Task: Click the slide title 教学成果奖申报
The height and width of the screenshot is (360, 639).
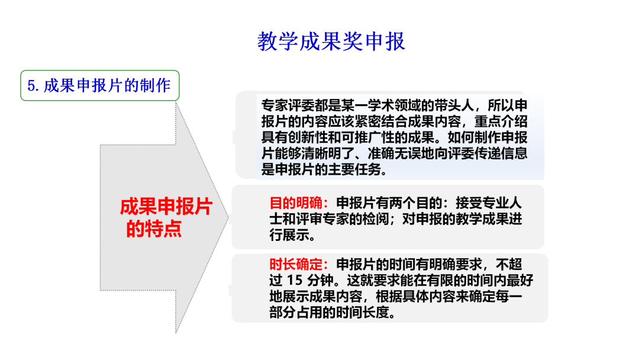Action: coord(331,41)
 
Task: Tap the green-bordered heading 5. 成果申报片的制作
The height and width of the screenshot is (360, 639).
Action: coord(100,86)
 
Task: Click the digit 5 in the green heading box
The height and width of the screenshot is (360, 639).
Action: coord(31,86)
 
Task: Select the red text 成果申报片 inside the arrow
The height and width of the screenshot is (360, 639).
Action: coord(166,207)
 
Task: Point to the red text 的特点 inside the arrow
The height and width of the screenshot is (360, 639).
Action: coord(154,229)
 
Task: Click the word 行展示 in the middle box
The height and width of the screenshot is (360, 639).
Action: coord(289,235)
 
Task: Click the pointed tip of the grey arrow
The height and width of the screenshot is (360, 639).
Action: coord(228,217)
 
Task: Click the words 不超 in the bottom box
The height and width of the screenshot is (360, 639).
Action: coord(509,265)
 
